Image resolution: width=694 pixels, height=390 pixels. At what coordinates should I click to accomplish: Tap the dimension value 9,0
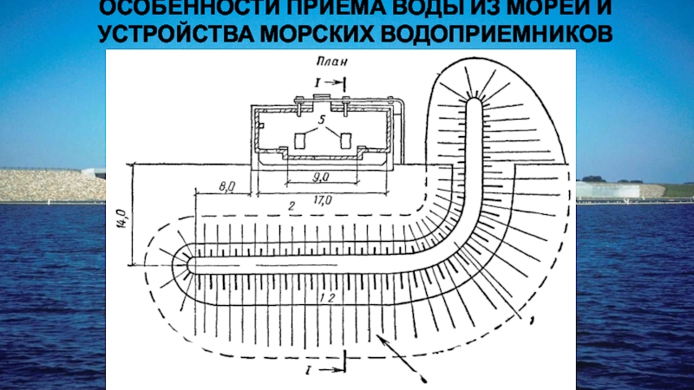(x=320, y=176)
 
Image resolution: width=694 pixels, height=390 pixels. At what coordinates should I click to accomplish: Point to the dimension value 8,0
(x=228, y=185)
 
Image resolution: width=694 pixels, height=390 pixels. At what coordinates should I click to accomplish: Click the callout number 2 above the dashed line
(x=292, y=206)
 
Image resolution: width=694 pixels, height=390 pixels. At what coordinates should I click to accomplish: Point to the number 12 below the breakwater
(x=325, y=298)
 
